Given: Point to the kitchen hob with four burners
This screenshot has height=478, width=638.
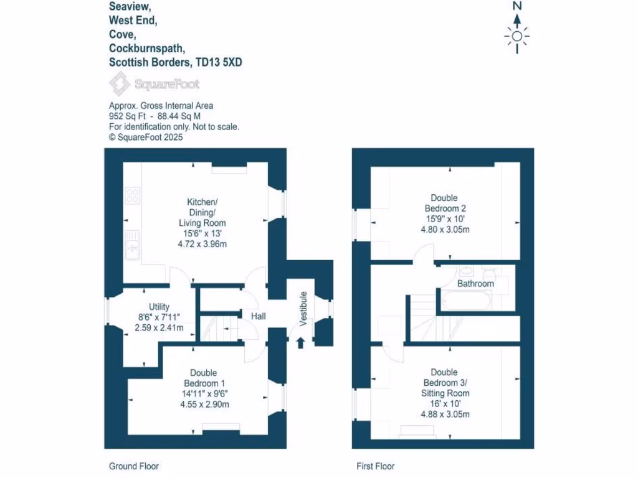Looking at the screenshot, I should (132, 196).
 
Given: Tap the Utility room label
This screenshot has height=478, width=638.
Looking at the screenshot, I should (159, 307).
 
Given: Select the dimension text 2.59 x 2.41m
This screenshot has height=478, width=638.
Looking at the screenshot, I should (159, 327).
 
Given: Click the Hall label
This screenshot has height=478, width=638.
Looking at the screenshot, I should (258, 317).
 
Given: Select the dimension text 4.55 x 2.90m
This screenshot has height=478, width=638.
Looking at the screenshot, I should (204, 404).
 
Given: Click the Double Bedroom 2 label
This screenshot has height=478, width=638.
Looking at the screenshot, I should (445, 203).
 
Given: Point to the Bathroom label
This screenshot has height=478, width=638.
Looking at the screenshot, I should (475, 284).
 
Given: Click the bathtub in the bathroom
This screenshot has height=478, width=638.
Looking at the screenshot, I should (466, 303).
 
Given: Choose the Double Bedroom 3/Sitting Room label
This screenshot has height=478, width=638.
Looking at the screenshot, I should (445, 382).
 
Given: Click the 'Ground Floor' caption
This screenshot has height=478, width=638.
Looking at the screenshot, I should (133, 466).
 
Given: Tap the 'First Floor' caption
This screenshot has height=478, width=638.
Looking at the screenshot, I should (375, 466).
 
